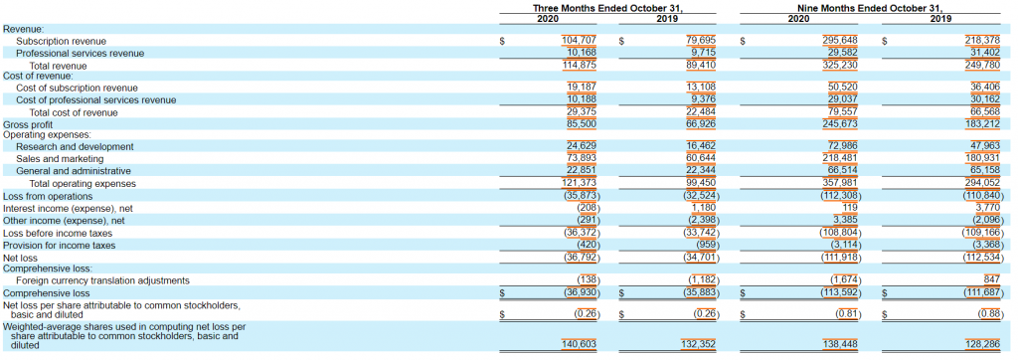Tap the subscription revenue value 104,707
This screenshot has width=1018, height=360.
pyautogui.click(x=579, y=41)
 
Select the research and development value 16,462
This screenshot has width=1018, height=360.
pyautogui.click(x=672, y=146)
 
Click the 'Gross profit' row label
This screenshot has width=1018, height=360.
pyautogui.click(x=29, y=123)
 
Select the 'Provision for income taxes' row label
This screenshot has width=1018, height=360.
pyautogui.click(x=59, y=245)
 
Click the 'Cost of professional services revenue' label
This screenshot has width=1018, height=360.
pyautogui.click(x=95, y=99)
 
